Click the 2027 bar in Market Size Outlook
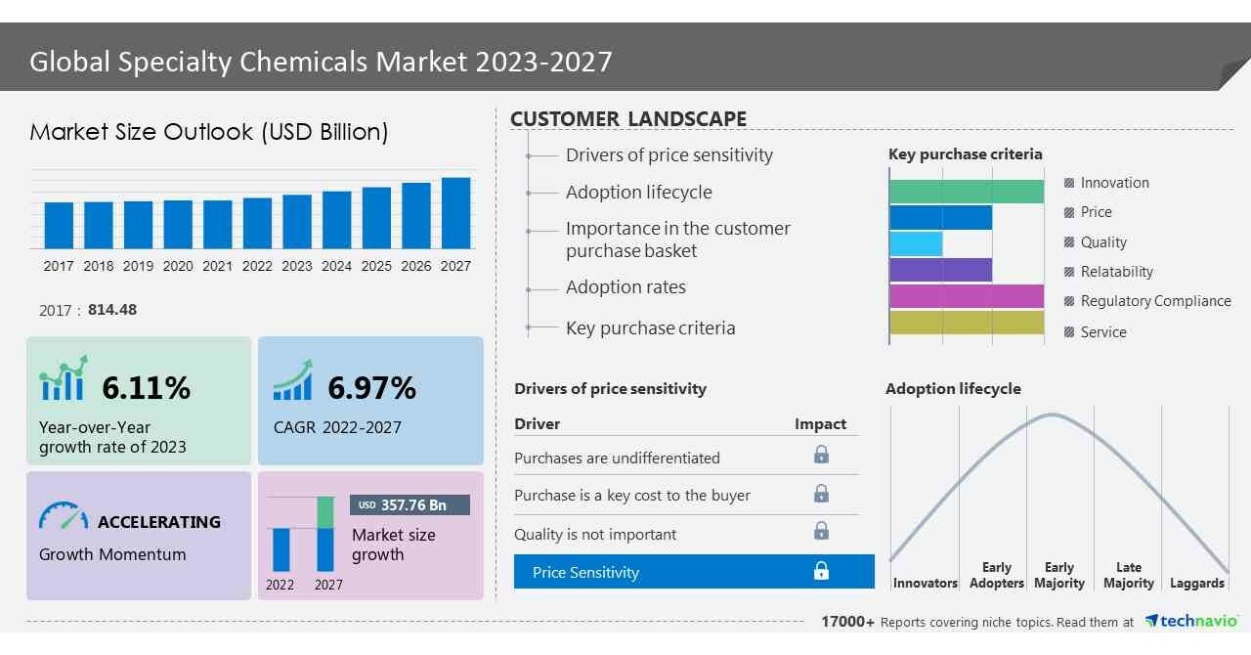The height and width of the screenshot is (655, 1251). pyautogui.click(x=455, y=212)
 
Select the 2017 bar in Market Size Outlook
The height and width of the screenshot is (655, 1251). pyautogui.click(x=59, y=225)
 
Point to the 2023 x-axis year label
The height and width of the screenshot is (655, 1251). pyautogui.click(x=297, y=266)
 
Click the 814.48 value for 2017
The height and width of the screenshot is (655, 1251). pyautogui.click(x=112, y=310)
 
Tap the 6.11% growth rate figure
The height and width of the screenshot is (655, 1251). pyautogui.click(x=146, y=388)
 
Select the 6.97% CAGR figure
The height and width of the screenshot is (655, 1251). pyautogui.click(x=371, y=388)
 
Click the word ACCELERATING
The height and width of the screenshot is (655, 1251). pyautogui.click(x=159, y=522)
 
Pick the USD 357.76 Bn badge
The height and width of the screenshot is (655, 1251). pyautogui.click(x=410, y=504)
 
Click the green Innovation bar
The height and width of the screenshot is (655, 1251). pyautogui.click(x=966, y=192)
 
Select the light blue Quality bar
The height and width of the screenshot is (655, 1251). pyautogui.click(x=916, y=243)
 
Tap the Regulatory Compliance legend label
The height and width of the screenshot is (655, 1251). pyautogui.click(x=1155, y=301)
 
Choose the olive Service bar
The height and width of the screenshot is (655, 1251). pyautogui.click(x=966, y=323)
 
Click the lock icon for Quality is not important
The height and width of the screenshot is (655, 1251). pyautogui.click(x=821, y=531)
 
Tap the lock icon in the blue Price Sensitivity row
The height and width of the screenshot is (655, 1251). pyautogui.click(x=821, y=572)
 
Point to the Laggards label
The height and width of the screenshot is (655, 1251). pyautogui.click(x=1196, y=584)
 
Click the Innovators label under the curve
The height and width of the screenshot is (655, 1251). pyautogui.click(x=925, y=584)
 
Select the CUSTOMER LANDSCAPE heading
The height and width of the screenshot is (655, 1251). pyautogui.click(x=628, y=119)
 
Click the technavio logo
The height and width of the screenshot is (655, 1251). pyautogui.click(x=1191, y=622)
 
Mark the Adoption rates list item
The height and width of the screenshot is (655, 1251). pyautogui.click(x=625, y=287)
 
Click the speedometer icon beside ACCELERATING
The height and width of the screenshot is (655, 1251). pyautogui.click(x=63, y=517)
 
